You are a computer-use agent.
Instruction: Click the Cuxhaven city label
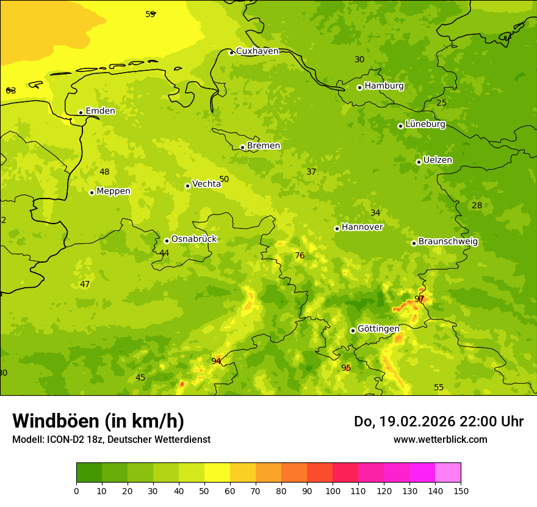tap(257, 51)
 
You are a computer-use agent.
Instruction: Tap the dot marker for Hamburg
tap(360, 87)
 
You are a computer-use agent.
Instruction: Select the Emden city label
tap(100, 111)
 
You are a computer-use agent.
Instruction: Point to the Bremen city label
tap(264, 146)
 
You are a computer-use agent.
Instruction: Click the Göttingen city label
tap(378, 329)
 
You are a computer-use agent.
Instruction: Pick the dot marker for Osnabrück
tap(167, 241)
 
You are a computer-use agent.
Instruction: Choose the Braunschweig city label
tap(448, 242)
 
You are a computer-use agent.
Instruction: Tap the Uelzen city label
tap(438, 161)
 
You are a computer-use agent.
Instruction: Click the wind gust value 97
tap(419, 299)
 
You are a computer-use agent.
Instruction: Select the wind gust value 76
tap(300, 256)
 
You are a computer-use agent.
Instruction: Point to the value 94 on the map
tap(216, 361)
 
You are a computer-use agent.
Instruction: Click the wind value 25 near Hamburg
tap(442, 103)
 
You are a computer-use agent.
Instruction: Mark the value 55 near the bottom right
tap(439, 388)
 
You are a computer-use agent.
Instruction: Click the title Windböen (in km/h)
tap(98, 421)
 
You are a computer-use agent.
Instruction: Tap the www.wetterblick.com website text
tap(440, 440)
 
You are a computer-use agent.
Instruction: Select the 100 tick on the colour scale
tap(333, 491)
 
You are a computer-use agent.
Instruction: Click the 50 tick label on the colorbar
tap(204, 491)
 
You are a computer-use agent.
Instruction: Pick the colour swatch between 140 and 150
tap(448, 473)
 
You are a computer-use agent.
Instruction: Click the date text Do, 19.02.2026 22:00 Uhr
tap(439, 421)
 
